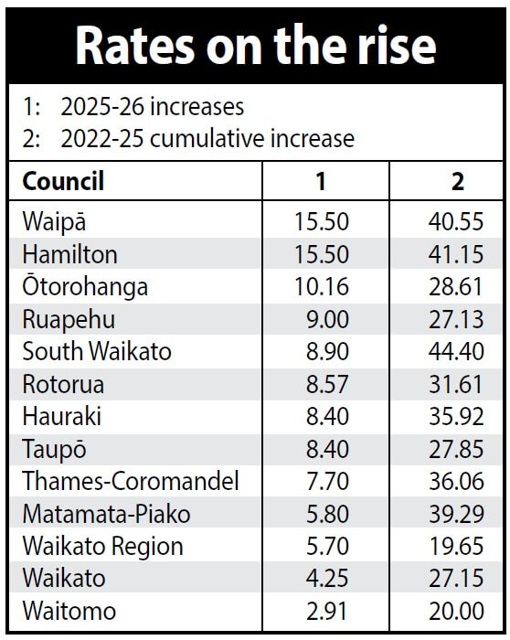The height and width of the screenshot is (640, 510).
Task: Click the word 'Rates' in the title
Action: [135, 45]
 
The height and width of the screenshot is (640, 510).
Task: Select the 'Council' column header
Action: [63, 181]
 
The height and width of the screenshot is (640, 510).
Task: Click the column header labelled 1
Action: [321, 181]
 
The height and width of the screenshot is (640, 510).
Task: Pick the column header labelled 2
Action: [458, 181]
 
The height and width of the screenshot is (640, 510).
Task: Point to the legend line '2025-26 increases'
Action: [153, 107]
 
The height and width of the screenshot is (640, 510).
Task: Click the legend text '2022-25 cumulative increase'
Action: [207, 139]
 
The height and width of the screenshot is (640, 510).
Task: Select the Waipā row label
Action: [54, 221]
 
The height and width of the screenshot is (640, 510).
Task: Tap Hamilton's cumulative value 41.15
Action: [456, 254]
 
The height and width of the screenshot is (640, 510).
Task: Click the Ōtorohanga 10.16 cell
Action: [322, 286]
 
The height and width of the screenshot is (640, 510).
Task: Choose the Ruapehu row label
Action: [69, 319]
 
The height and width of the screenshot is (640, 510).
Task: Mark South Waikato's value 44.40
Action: [456, 351]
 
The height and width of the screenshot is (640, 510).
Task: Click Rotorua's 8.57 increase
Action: [327, 384]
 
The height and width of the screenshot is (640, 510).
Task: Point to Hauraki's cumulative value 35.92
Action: [456, 416]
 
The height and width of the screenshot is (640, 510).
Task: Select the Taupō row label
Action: [54, 450]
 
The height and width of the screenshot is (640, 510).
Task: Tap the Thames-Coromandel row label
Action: [131, 481]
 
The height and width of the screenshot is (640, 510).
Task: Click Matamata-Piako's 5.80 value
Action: [327, 514]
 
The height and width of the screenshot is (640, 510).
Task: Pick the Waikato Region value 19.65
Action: [456, 546]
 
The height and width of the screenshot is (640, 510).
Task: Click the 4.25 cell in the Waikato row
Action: [327, 579]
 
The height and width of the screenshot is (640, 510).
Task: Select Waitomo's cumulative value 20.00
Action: [456, 611]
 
